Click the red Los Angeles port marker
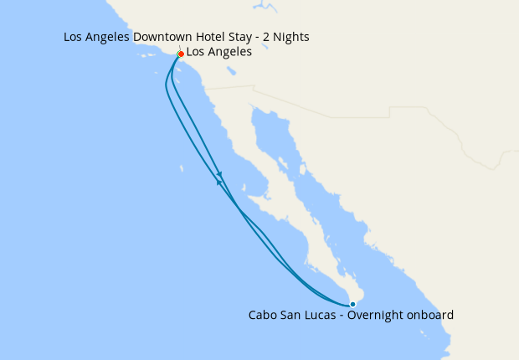pyautogui.click(x=181, y=54)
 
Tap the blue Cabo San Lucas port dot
pyautogui.click(x=352, y=304)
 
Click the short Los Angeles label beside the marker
pyautogui.click(x=218, y=53)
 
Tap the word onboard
pyautogui.click(x=431, y=316)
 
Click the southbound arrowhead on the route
pyautogui.click(x=219, y=174)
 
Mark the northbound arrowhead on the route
pyautogui.click(x=218, y=182)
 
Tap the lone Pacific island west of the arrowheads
pyautogui.click(x=182, y=170)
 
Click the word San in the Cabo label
pyautogui.click(x=293, y=316)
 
